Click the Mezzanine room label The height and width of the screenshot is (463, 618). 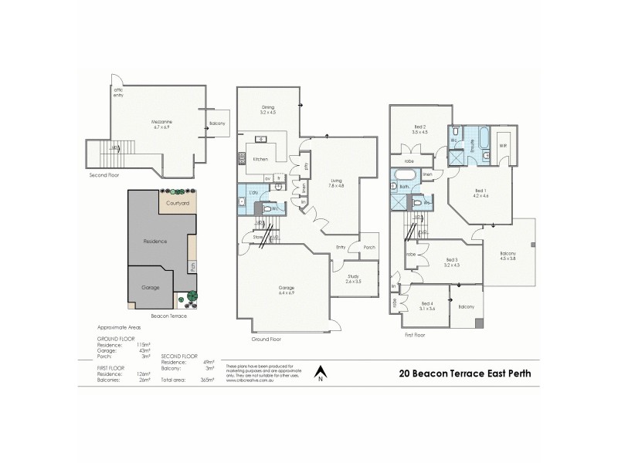point(160,122)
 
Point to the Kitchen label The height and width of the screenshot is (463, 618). point(260,159)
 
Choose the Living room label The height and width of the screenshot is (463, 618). point(338,181)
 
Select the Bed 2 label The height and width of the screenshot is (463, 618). point(420,129)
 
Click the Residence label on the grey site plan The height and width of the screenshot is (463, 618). point(155,242)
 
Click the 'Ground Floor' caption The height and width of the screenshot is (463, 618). point(266,339)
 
